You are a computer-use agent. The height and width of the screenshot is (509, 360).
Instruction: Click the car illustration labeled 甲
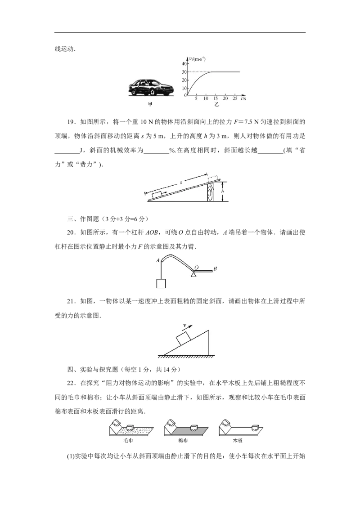(x=150, y=87)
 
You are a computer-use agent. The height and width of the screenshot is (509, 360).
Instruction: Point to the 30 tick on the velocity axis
(x=184, y=72)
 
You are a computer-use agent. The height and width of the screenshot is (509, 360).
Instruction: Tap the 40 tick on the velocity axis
(x=184, y=64)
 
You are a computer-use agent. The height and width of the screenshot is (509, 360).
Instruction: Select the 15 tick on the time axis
(x=216, y=98)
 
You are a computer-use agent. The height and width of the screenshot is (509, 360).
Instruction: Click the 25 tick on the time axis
(x=235, y=98)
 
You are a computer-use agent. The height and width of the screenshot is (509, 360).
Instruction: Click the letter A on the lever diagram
(x=158, y=260)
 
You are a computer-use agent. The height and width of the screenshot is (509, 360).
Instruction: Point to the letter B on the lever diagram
(x=215, y=268)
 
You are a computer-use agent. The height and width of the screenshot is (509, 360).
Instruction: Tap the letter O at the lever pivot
(x=196, y=267)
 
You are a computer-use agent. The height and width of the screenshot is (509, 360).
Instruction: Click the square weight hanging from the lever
(x=161, y=283)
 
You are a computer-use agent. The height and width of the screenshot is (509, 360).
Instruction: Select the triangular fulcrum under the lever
(x=193, y=275)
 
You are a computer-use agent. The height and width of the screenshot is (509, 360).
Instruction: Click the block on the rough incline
(x=184, y=338)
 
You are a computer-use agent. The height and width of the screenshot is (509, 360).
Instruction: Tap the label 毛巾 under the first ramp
(x=128, y=441)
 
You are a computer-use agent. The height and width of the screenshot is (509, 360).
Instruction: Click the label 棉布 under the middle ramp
(x=183, y=441)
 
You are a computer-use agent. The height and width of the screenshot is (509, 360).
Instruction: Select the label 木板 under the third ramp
(x=238, y=441)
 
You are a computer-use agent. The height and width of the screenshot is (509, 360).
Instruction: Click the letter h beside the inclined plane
(x=223, y=192)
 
